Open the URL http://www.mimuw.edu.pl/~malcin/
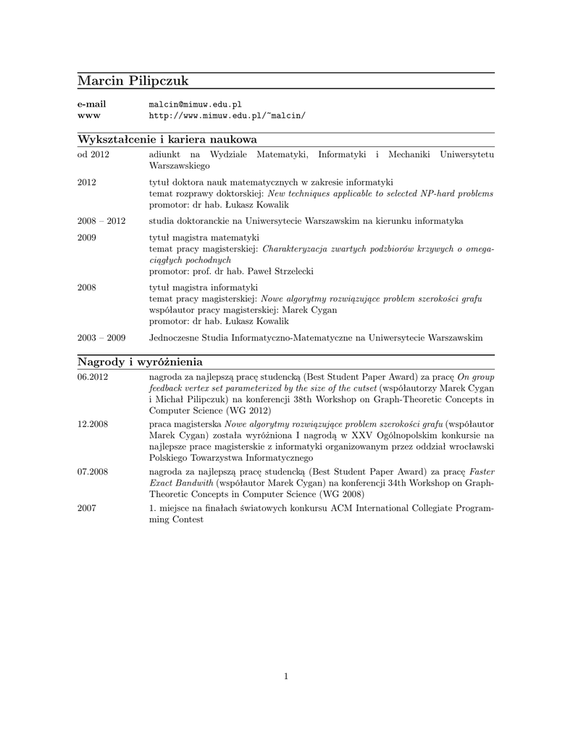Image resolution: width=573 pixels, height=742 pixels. pyautogui.click(x=227, y=116)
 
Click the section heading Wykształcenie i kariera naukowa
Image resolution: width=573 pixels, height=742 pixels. pyautogui.click(x=167, y=139)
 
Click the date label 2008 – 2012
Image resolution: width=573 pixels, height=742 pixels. pyautogui.click(x=101, y=221)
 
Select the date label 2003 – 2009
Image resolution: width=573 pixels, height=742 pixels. pyautogui.click(x=101, y=338)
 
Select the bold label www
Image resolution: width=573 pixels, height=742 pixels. pyautogui.click(x=88, y=116)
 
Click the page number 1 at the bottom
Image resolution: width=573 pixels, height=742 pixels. pyautogui.click(x=286, y=677)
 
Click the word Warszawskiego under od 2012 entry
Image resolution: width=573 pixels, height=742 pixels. pyautogui.click(x=179, y=166)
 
